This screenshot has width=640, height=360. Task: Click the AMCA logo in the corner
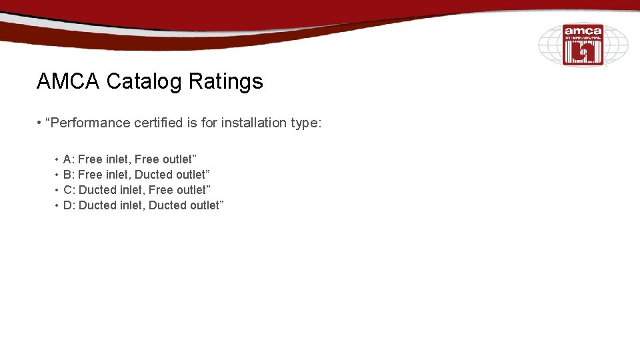point(583,45)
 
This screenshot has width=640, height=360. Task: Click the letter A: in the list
point(69,159)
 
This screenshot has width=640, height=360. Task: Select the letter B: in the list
point(69,175)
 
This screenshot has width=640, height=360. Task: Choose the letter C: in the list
point(69,190)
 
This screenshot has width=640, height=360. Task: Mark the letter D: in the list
point(69,205)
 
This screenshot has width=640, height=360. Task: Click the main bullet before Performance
point(40,123)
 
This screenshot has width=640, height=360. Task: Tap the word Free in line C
point(161,190)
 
